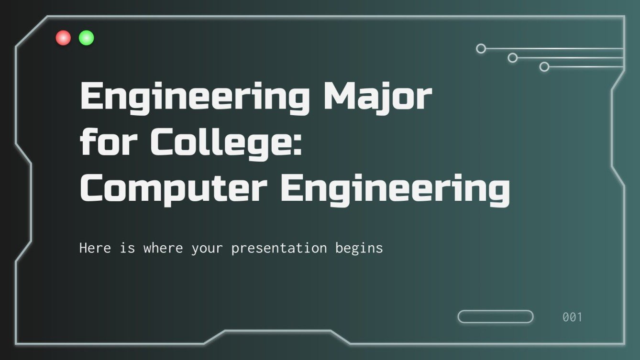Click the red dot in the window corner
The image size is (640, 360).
point(63,38)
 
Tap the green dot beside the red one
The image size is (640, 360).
point(87,38)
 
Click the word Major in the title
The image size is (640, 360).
point(377,97)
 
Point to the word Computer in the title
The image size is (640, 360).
point(173,189)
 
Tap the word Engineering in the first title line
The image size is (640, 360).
point(195,97)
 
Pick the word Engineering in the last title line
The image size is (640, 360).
point(395,189)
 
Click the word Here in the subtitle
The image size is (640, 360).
point(95,248)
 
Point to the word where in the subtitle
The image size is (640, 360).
point(163,248)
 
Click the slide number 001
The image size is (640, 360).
point(572,317)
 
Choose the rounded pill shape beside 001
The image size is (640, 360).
point(496,316)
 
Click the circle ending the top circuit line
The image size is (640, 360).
point(481,48)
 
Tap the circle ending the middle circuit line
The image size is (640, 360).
point(513,58)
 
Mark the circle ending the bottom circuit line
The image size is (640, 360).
point(544,67)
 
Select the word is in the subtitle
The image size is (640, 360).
point(127,248)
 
